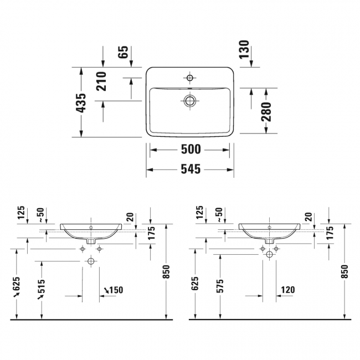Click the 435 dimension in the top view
tap(81, 103)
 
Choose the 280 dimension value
tap(266, 111)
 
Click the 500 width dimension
tap(190, 150)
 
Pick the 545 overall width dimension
tap(190, 169)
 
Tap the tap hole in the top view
tap(190, 78)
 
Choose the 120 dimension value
tap(287, 289)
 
